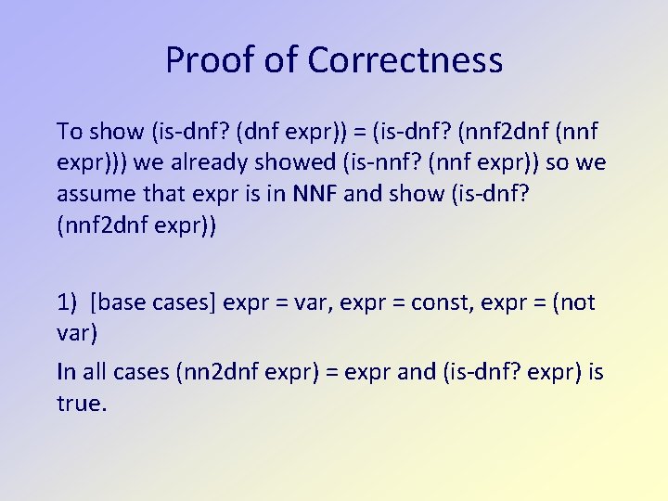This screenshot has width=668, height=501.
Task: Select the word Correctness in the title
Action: pos(405,61)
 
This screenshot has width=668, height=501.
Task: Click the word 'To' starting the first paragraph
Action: pos(70,129)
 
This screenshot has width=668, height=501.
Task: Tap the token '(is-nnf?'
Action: pos(405,162)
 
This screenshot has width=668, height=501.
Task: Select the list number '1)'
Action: pos(68,302)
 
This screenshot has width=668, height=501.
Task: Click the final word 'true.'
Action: pos(82,405)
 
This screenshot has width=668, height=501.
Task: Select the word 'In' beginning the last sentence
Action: pos(67,373)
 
